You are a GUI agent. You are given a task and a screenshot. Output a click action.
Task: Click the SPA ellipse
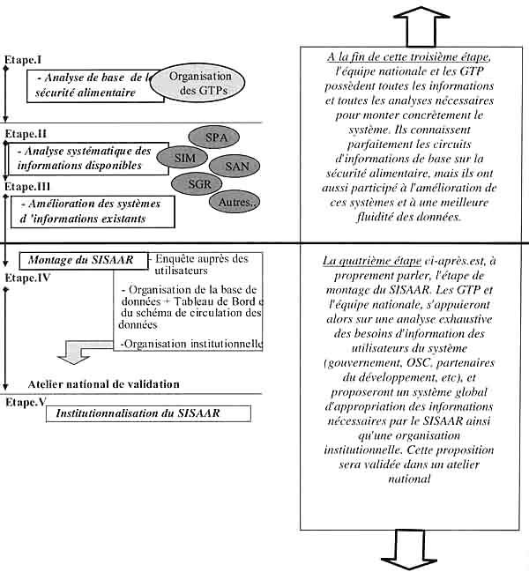coord(215,137)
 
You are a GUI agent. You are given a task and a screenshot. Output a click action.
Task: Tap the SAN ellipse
coord(236,165)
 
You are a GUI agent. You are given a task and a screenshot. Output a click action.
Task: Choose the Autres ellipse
coord(233,202)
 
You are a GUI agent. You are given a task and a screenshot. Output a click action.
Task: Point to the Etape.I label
coord(24,59)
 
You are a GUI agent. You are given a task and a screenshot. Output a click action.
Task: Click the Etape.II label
coord(26,133)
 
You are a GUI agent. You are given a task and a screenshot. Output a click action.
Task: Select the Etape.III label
coord(28,187)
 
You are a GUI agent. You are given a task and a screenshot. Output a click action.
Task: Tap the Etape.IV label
coord(26,277)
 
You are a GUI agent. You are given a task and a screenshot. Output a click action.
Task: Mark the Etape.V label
coord(26,401)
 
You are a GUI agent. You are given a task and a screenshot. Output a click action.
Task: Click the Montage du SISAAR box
coord(80,261)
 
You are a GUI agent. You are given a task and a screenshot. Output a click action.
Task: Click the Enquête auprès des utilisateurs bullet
coord(201,264)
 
